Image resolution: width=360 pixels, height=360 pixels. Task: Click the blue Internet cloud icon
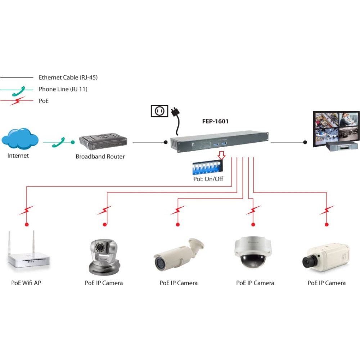coord(20,139)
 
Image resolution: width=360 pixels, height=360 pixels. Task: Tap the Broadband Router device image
coord(103,141)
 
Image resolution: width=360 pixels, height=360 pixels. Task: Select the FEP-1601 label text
coord(215,121)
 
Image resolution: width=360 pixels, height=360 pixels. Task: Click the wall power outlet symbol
coord(159,111)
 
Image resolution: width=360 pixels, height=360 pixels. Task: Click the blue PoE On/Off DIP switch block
coord(207,167)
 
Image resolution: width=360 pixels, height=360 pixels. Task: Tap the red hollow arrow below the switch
coord(221,155)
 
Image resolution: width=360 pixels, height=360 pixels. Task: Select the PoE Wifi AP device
coord(29,251)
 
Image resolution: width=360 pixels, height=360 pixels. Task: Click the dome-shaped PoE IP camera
coord(253,252)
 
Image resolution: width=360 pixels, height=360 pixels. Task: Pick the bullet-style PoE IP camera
coord(179,254)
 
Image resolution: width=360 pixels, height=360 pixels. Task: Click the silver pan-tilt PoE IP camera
coord(104,257)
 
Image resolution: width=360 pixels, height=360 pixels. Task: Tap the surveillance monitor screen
coord(336,129)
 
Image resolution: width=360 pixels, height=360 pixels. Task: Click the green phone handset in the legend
coord(19,91)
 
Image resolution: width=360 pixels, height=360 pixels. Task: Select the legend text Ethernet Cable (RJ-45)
coord(68,77)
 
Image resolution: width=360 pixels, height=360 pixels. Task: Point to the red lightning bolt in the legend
coord(17,101)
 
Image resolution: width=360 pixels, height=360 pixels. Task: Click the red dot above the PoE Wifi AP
coord(27,224)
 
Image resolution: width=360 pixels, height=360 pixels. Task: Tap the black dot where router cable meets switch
coord(166,142)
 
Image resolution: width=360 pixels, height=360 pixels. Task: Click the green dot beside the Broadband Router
coord(73,142)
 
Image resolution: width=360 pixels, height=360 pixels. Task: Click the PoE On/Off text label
coord(208,179)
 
